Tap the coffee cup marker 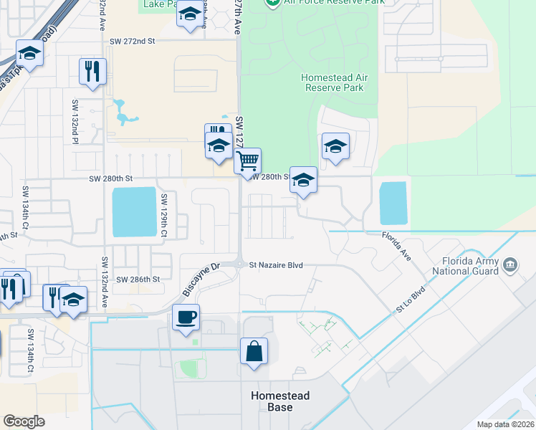click(186, 317)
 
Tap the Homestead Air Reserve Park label click(332, 82)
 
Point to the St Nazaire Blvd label click(276, 265)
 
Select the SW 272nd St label click(133, 42)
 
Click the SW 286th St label click(137, 279)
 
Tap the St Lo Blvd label click(411, 300)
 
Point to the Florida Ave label click(396, 246)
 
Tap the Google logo click(23, 421)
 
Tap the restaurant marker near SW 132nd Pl click(92, 71)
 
